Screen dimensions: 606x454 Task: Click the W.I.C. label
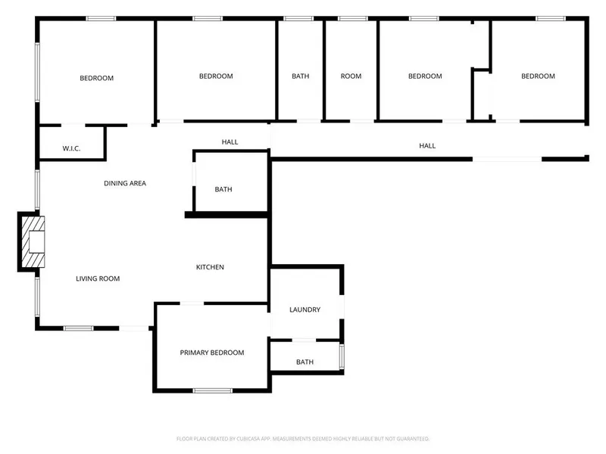tap(71, 148)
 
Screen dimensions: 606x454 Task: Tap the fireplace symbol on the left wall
tap(33, 241)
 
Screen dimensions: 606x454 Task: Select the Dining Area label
tap(125, 183)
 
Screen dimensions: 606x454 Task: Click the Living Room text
tap(98, 278)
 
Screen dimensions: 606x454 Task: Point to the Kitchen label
tap(210, 267)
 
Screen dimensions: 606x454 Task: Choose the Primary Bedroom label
tap(212, 353)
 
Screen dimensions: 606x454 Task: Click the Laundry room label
tap(305, 309)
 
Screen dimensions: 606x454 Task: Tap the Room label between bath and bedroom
tap(351, 76)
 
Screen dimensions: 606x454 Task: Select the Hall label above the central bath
tap(230, 142)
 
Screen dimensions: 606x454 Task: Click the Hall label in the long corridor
tap(427, 146)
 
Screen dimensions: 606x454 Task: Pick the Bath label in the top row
tap(300, 76)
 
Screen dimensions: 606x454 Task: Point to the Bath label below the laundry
tap(305, 362)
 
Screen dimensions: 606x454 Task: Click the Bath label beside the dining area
tap(223, 190)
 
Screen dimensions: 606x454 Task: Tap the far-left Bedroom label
tap(97, 79)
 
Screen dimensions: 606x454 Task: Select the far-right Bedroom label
tap(538, 76)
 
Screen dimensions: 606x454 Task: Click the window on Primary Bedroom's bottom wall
tap(213, 390)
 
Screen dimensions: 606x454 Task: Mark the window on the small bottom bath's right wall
tap(342, 356)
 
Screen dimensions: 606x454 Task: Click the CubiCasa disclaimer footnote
tap(303, 439)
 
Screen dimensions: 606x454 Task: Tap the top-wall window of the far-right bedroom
tap(551, 18)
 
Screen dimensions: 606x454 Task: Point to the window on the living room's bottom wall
tap(79, 328)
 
